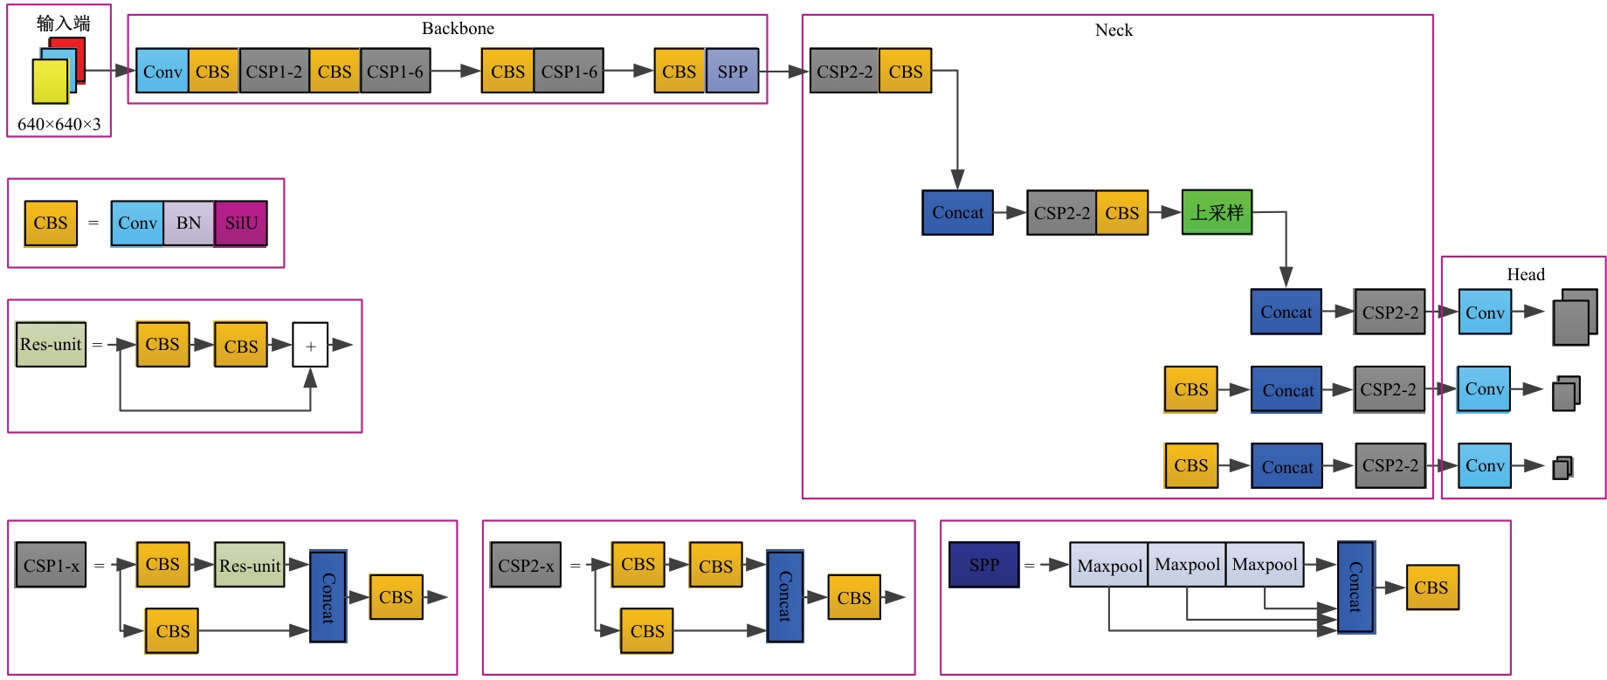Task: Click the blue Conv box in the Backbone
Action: pyautogui.click(x=162, y=72)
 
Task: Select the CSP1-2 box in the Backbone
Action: pyautogui.click(x=274, y=72)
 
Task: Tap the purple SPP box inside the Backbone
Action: pyautogui.click(x=732, y=72)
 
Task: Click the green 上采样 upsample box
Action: pyautogui.click(x=1217, y=212)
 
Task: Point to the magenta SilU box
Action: pyautogui.click(x=241, y=223)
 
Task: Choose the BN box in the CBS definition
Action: pyautogui.click(x=189, y=223)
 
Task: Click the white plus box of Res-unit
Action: pyautogui.click(x=310, y=345)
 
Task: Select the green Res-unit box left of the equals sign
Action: pyautogui.click(x=51, y=345)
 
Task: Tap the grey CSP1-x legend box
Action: pyautogui.click(x=51, y=566)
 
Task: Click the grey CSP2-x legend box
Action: pyautogui.click(x=526, y=566)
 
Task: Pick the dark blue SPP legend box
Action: pyautogui.click(x=983, y=565)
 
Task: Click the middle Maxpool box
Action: pyautogui.click(x=1187, y=565)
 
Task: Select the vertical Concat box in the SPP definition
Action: pyautogui.click(x=1355, y=587)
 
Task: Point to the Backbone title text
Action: pyautogui.click(x=458, y=29)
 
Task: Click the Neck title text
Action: pyautogui.click(x=1114, y=31)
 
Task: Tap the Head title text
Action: pyautogui.click(x=1525, y=275)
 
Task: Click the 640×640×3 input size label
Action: pyautogui.click(x=59, y=124)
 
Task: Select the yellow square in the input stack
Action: pyautogui.click(x=50, y=81)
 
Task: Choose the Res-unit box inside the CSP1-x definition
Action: pyautogui.click(x=250, y=566)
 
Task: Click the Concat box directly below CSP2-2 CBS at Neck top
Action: pyautogui.click(x=957, y=213)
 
